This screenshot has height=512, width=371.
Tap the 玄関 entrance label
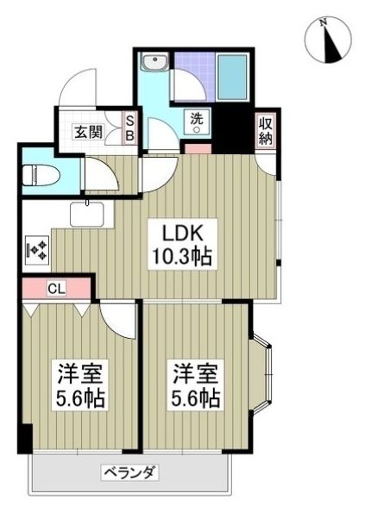pyautogui.click(x=86, y=132)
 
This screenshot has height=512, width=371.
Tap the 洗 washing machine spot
pyautogui.click(x=196, y=125)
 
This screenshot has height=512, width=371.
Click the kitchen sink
pyautogui.click(x=86, y=212)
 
